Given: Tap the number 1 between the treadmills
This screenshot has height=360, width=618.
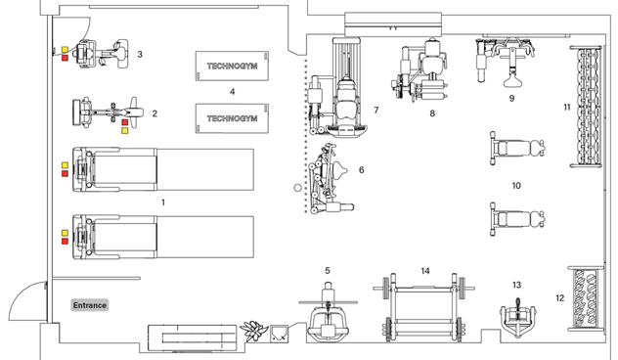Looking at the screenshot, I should [x=162, y=201].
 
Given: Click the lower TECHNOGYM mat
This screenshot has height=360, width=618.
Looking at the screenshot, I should [x=232, y=117].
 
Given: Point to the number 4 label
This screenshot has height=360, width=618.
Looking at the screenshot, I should [x=232, y=92].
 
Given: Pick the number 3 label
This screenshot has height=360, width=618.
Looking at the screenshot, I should [x=140, y=55].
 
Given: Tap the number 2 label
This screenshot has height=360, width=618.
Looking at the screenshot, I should [x=154, y=113].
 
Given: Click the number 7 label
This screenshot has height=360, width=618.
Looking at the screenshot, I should [x=375, y=111].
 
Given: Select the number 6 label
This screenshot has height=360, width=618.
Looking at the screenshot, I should [x=361, y=170].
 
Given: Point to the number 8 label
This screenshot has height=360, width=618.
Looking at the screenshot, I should [x=431, y=113].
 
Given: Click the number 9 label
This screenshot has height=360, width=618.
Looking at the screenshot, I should [x=510, y=99].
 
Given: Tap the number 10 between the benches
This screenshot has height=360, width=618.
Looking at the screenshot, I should [x=516, y=185].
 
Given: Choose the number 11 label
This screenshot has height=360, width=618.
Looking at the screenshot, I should [x=566, y=106].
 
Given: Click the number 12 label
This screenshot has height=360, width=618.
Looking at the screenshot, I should [x=559, y=298].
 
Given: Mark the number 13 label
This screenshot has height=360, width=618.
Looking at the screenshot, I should [x=516, y=285].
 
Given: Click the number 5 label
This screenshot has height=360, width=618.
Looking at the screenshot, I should [x=328, y=270].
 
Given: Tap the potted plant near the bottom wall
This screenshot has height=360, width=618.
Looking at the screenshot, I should [x=256, y=331].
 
